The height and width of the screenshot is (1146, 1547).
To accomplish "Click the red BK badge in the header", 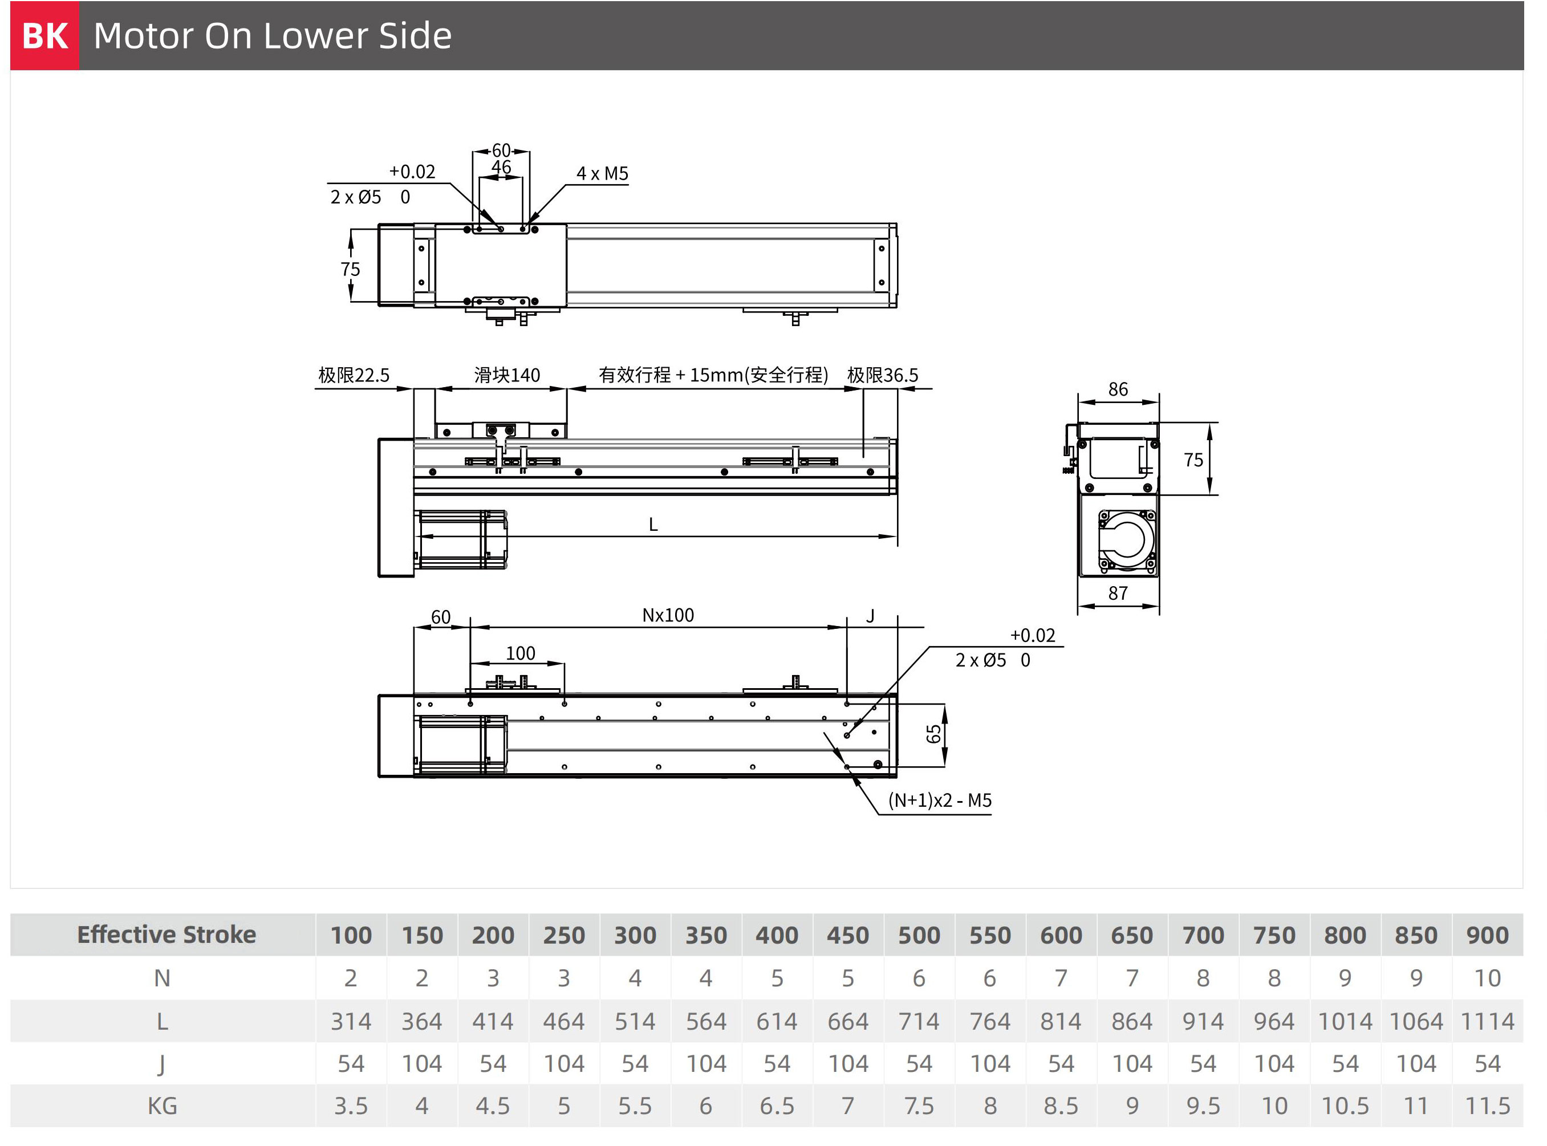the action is coord(44,35).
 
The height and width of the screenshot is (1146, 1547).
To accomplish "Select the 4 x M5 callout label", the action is coord(602,173).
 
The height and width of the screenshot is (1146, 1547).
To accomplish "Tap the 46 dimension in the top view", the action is coord(501,167).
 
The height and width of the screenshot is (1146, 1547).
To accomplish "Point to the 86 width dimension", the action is coord(1118,389).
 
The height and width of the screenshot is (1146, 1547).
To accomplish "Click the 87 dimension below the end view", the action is coord(1118,593).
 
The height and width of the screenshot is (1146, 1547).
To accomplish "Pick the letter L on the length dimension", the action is coord(653,525).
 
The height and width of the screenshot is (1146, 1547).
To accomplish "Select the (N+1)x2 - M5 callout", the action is coord(940,800).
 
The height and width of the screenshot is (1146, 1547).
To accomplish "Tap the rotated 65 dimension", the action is coord(934,734).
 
